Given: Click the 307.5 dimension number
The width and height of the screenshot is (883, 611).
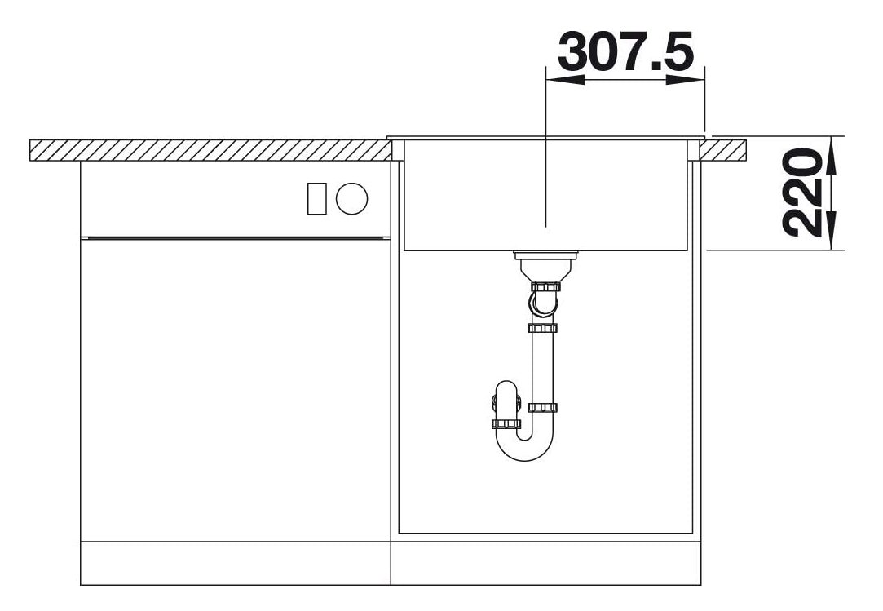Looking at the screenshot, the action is pos(625,51).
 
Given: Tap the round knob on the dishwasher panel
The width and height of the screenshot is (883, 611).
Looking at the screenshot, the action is pos(352,199).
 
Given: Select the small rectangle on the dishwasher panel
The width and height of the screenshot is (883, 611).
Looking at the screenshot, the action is pos(316,198).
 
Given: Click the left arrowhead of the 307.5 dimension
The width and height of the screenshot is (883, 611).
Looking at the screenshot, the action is pos(565,80).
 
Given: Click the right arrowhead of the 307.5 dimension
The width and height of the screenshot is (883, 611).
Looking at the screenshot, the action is pos(686,80).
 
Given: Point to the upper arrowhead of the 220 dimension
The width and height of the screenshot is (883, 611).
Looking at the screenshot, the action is pos(833,156).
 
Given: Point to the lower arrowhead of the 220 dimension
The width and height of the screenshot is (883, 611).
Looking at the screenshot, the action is pos(833,231).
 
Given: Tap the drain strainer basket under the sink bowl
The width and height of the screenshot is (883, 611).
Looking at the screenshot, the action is pos(545,266).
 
